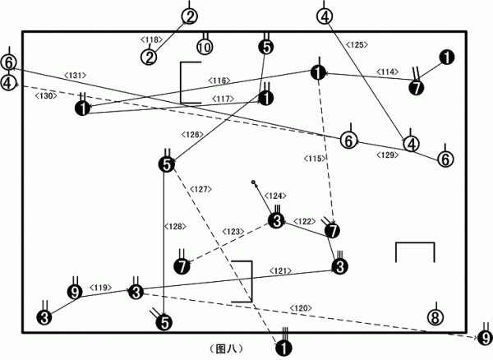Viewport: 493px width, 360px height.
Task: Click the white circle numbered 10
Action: pos(205,47)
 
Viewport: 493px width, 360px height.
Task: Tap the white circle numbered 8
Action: pos(435,317)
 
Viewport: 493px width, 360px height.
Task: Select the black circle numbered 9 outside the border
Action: pos(486,339)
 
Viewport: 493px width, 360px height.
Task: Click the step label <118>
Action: pos(151,39)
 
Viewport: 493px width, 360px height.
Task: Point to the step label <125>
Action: pos(357,45)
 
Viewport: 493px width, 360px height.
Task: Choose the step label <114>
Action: pos(387,72)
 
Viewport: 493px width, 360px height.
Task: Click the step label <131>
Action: pos(75,75)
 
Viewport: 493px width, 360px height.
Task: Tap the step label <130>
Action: pos(46,96)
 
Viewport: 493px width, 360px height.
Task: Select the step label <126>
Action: pos(192,135)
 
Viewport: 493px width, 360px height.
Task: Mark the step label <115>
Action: pos(315,159)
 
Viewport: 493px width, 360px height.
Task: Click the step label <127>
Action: pos(200,189)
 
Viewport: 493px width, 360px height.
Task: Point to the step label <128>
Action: pos(176,226)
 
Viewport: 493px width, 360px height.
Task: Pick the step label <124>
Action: pos(275,196)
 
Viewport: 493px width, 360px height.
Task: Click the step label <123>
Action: pos(233,232)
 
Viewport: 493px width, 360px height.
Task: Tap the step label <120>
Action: pos(301,308)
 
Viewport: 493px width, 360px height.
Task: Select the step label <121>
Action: pos(280,270)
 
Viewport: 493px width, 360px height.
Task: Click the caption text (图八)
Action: pos(226,348)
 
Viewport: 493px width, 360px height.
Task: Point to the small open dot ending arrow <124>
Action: pos(253,182)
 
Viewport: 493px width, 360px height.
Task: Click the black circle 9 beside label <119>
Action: pos(75,292)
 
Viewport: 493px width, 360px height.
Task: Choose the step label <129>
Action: pos(387,155)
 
